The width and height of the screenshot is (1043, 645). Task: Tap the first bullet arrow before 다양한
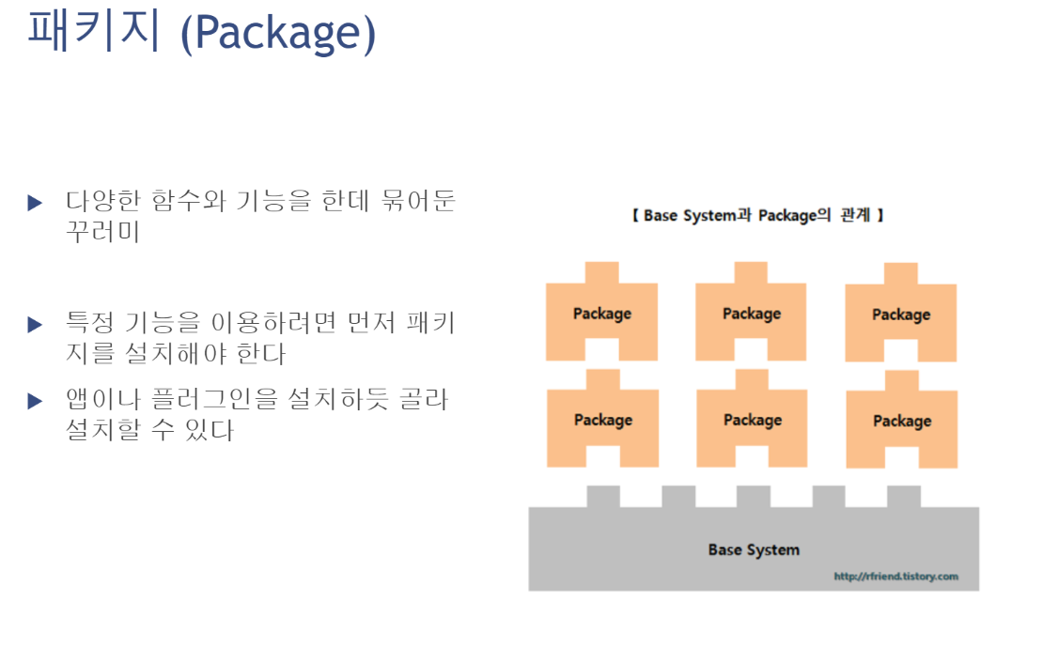tap(36, 202)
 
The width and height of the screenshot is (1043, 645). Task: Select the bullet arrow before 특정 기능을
tap(36, 325)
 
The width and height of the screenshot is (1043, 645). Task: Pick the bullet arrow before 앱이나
tap(36, 401)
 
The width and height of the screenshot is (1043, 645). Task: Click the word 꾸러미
tap(102, 231)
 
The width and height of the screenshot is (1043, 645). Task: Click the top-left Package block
tap(602, 314)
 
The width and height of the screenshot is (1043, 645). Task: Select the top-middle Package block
tap(752, 314)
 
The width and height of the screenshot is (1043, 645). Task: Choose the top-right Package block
tap(901, 315)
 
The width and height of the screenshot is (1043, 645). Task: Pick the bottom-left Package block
tap(602, 420)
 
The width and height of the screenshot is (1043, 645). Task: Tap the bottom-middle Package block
tap(752, 420)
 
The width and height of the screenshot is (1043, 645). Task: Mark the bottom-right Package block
tap(902, 421)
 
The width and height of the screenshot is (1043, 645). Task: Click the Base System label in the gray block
tap(754, 550)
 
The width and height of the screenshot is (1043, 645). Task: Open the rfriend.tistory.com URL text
tap(895, 576)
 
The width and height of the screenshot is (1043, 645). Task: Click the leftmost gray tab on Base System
tap(603, 496)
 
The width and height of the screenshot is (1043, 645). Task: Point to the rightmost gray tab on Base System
tap(903, 496)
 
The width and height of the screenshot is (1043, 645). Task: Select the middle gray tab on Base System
tap(753, 496)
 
